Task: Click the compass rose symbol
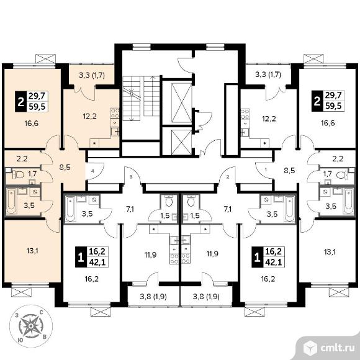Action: click(31, 326)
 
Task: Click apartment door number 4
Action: click(92, 171)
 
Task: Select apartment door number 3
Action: click(131, 177)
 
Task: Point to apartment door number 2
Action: click(228, 177)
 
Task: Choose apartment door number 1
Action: click(266, 170)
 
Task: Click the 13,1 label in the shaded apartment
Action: click(32, 251)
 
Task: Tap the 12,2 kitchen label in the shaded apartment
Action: click(90, 116)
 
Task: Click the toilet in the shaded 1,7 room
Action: click(18, 175)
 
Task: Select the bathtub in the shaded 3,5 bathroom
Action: click(11, 201)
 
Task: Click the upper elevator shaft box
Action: click(181, 103)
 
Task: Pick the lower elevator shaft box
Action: click(181, 142)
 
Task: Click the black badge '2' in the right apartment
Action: click(317, 101)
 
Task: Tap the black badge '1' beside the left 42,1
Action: click(81, 257)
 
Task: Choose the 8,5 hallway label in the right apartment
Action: click(289, 171)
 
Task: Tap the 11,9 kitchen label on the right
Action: click(212, 254)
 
